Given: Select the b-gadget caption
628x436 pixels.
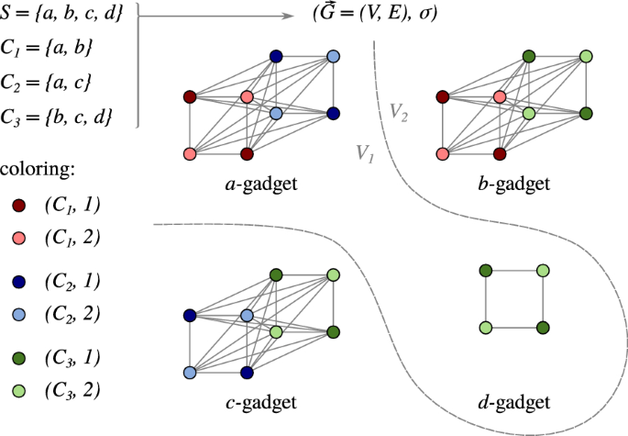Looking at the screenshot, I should [x=514, y=184].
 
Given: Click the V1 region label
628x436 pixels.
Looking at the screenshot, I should [x=365, y=153].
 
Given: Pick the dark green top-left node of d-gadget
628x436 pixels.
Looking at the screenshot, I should [x=486, y=270].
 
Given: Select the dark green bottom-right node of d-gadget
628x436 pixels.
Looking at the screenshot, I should [x=543, y=327].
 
